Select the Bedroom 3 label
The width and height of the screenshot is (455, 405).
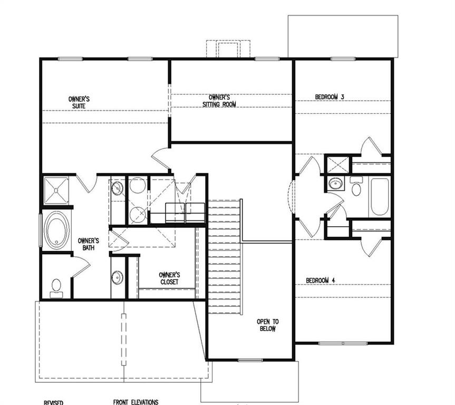pos(330,97)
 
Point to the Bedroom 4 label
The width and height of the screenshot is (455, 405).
pos(321,280)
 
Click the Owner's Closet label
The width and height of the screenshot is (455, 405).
pos(169,278)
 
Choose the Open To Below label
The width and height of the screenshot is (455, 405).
pos(267,325)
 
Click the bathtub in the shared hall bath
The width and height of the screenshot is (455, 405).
pos(379,196)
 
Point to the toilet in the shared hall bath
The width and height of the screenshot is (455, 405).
pos(356,188)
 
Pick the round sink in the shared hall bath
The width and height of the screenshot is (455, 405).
pos(335,184)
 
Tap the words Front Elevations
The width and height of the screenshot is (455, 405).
pos(135,402)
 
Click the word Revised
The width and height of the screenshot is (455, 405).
pos(53,402)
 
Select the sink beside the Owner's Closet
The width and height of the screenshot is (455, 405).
pos(117,276)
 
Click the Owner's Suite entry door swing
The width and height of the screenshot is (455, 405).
pos(160,158)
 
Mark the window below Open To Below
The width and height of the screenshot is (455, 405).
pos(249,360)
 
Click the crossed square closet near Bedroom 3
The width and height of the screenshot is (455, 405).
pos(337,164)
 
